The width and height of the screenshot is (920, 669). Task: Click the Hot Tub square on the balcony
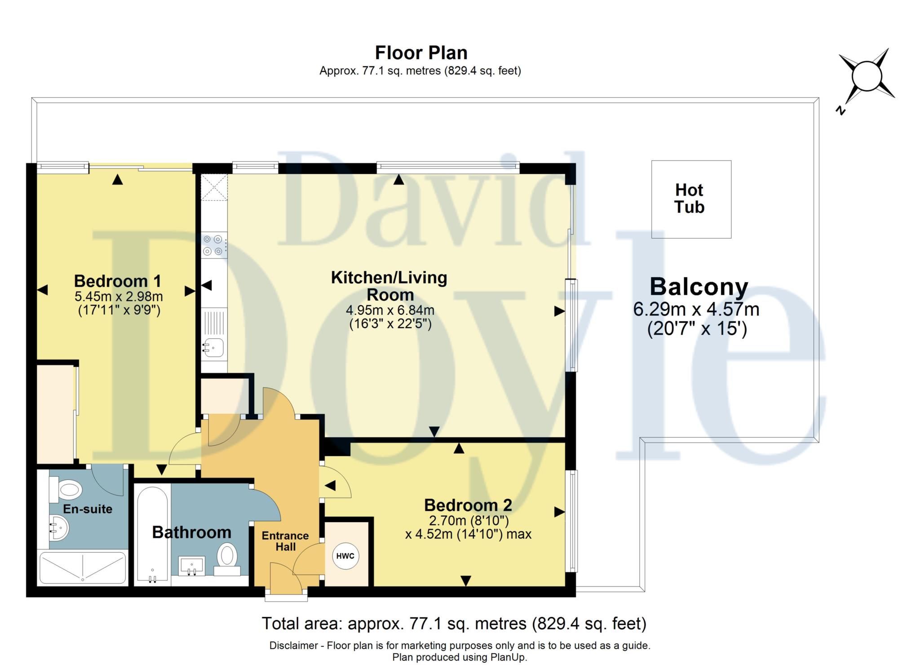point(691,199)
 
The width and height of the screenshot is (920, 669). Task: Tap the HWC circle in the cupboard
point(345,556)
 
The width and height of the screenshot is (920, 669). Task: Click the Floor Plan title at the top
point(421,53)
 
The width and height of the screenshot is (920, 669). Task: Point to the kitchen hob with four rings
point(213,245)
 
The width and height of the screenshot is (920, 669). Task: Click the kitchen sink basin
point(214,347)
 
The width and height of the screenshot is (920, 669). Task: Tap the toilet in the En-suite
point(66,489)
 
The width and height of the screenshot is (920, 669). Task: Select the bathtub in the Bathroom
point(153,535)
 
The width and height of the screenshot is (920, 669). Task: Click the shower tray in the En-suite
point(83,567)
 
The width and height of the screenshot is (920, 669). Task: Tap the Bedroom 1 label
point(117,281)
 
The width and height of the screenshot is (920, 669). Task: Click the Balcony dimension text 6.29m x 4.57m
point(696,309)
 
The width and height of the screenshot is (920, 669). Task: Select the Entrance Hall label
point(285,541)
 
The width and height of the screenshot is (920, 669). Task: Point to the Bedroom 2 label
point(468,505)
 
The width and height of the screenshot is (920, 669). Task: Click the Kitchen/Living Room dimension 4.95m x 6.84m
point(390,310)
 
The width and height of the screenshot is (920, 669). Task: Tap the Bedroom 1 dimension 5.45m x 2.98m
point(119,297)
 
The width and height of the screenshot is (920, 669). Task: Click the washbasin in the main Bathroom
point(192,565)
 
